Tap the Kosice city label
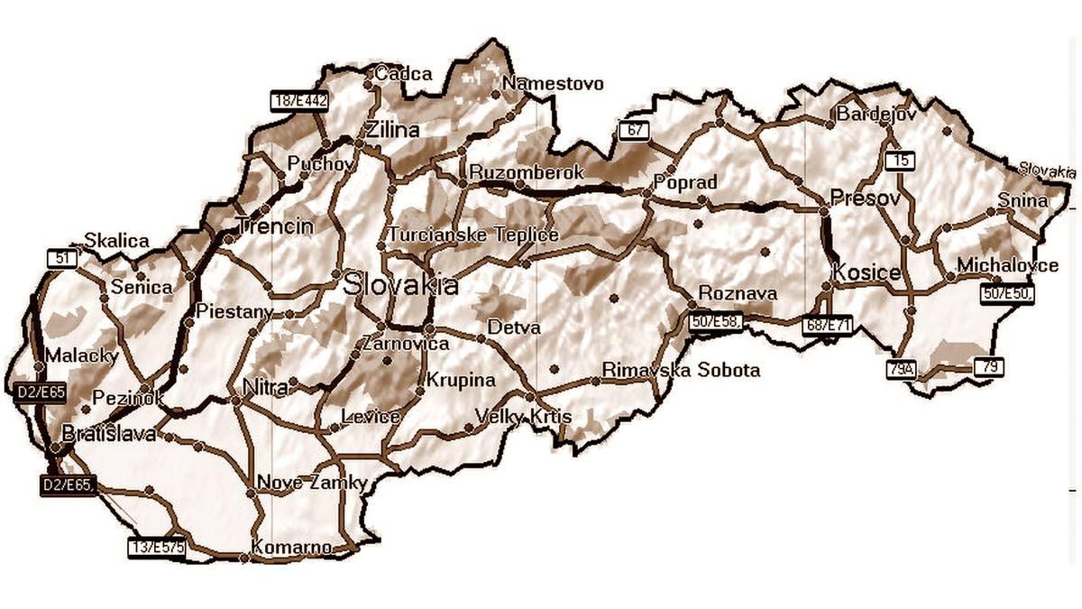point(867,272)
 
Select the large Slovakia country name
point(401,286)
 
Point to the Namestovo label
point(553,84)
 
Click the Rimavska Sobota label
point(681,370)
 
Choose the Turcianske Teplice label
point(473,235)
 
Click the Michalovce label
point(1007,266)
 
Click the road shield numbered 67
point(634,130)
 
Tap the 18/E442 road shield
point(299,99)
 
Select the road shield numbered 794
point(901,368)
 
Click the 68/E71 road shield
point(827,323)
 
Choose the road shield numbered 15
point(900,161)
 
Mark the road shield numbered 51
point(62,258)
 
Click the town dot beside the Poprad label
point(646,192)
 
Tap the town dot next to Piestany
point(189,321)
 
